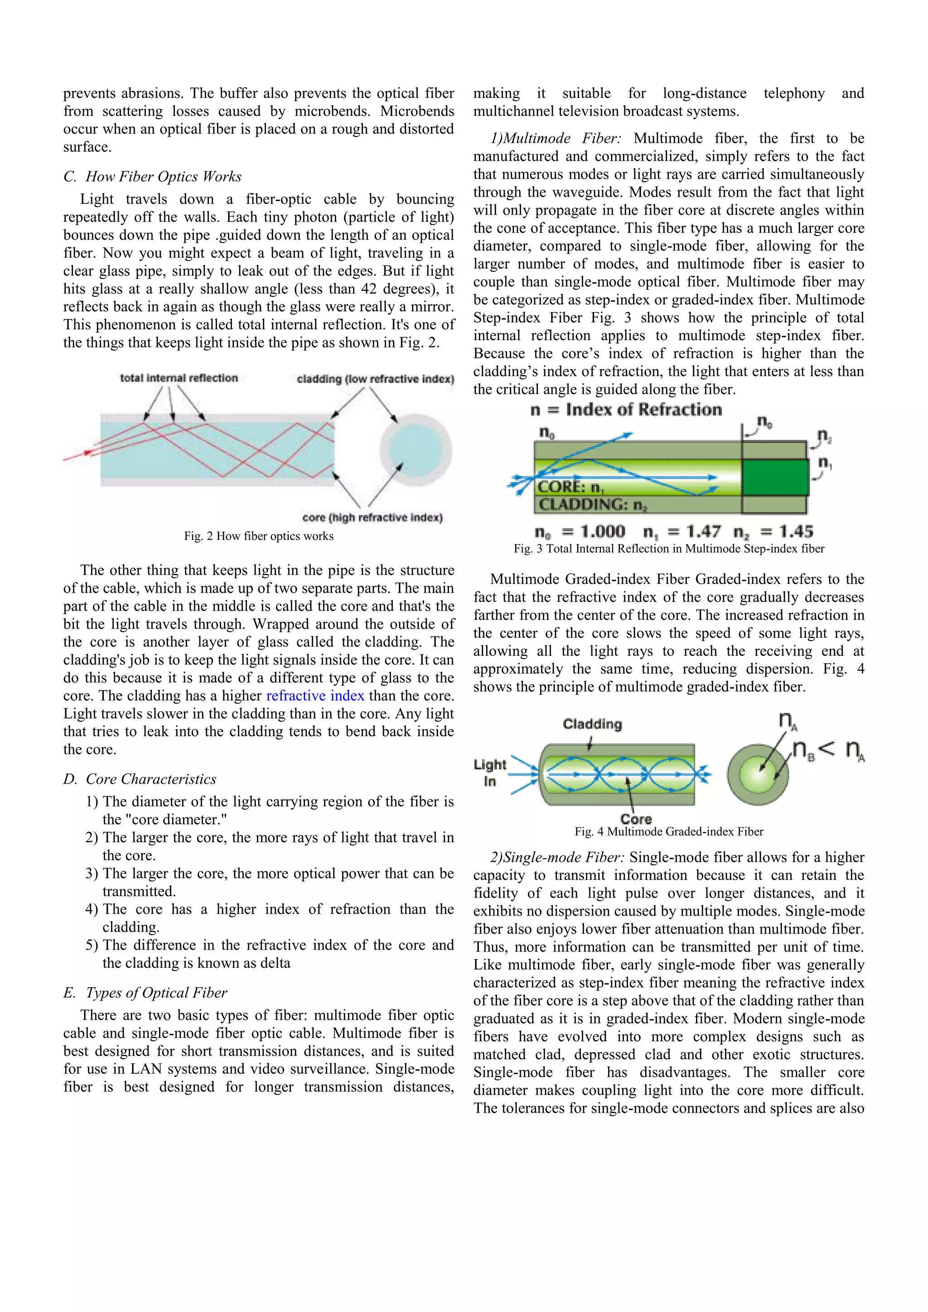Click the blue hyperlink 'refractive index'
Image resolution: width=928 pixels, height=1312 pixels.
click(315, 695)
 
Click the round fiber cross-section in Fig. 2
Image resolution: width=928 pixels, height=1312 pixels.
click(416, 450)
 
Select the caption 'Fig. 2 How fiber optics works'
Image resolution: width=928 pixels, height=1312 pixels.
click(258, 536)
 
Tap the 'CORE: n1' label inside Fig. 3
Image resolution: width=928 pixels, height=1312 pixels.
click(571, 487)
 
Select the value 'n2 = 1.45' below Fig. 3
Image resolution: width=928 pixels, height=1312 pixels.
click(773, 532)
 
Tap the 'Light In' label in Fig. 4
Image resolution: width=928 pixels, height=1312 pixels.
click(490, 772)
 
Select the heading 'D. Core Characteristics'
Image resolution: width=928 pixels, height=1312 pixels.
click(140, 779)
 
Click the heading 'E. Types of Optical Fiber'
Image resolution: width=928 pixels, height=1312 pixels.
click(145, 993)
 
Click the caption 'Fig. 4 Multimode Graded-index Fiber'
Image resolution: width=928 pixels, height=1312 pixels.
click(668, 831)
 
